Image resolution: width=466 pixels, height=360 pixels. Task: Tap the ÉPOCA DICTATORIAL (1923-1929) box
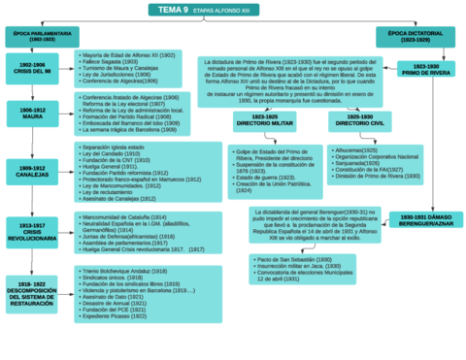click(416, 37)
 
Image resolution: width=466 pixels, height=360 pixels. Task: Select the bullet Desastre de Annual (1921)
click(116, 303)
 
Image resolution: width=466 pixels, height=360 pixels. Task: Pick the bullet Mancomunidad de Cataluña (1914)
click(124, 217)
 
